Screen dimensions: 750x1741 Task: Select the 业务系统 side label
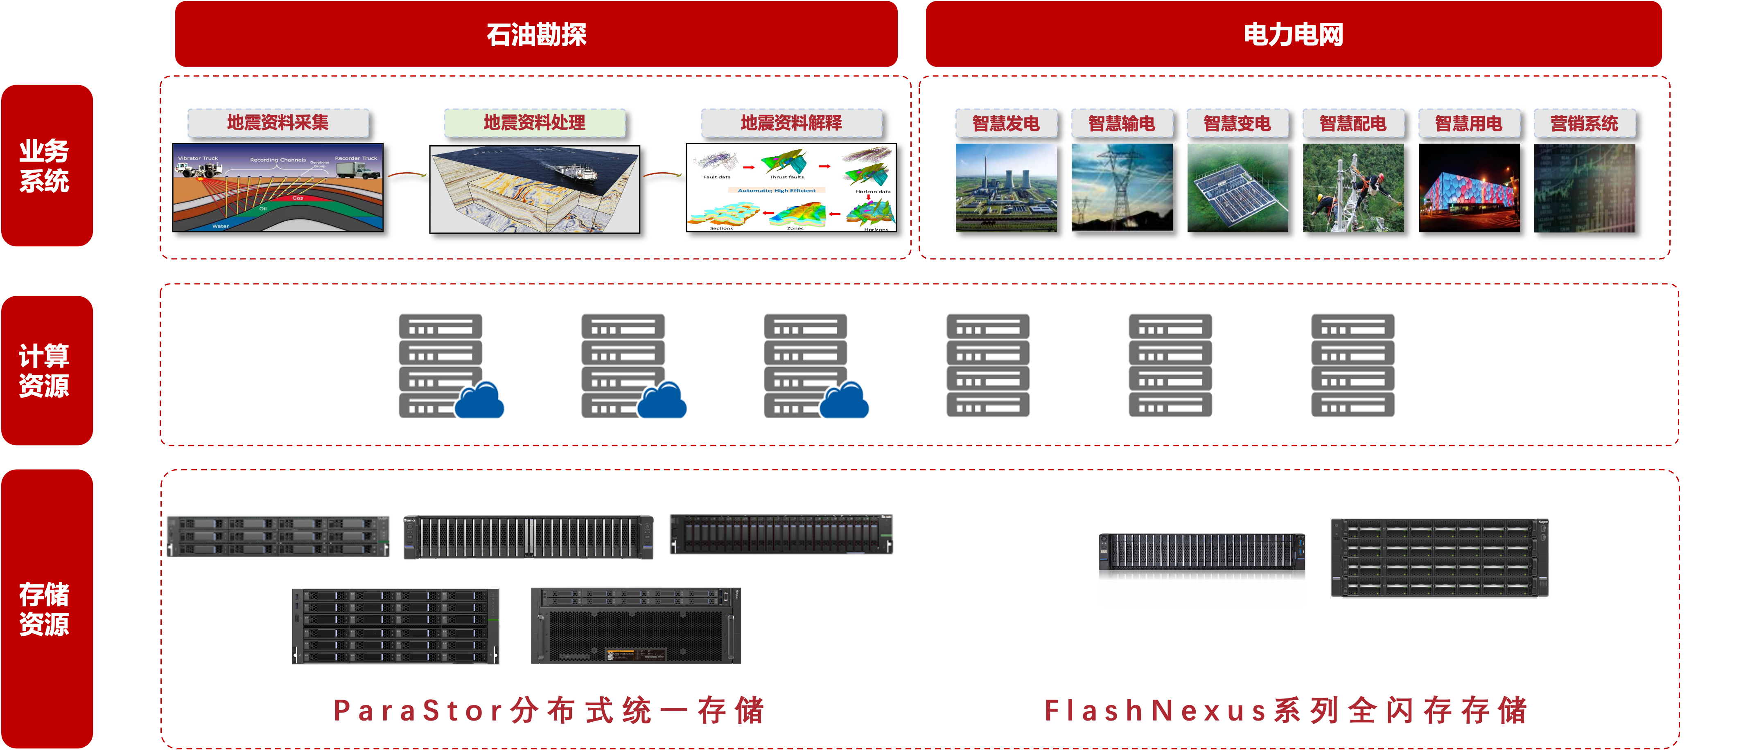pos(45,166)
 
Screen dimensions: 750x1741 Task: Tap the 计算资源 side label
pos(45,370)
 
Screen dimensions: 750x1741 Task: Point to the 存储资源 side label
pos(45,608)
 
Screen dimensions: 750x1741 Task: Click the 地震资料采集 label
pos(278,122)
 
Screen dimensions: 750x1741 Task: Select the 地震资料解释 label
pos(791,122)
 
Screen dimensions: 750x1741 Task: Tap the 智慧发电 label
pos(1006,123)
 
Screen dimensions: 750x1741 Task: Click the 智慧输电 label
pos(1121,123)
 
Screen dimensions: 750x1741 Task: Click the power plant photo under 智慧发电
pos(1006,188)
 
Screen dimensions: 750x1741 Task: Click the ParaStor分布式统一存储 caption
pos(549,710)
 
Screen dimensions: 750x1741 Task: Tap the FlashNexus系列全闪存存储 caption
pos(1285,710)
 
